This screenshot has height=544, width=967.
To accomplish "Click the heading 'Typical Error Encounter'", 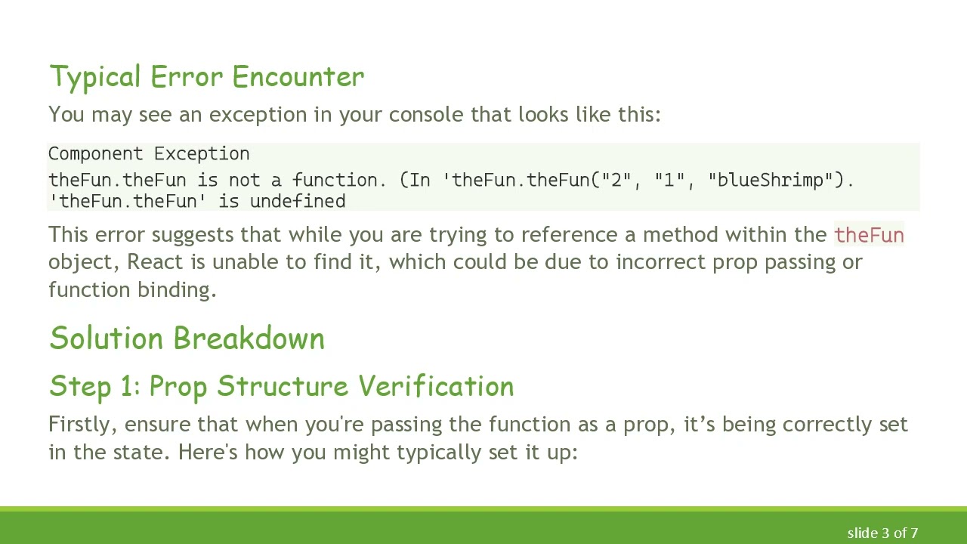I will [x=206, y=77].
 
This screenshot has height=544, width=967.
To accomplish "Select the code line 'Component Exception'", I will [x=149, y=154].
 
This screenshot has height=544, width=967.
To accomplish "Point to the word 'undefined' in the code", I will [x=298, y=201].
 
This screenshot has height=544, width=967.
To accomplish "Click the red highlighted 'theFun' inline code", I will [x=869, y=235].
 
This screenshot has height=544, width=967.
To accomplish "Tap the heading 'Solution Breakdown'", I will [x=187, y=338].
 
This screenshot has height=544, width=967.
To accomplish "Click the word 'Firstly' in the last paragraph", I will [x=81, y=425].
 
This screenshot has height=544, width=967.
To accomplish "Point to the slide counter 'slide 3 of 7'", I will [x=882, y=533].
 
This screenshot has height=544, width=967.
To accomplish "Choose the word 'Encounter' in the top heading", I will [x=298, y=77].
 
